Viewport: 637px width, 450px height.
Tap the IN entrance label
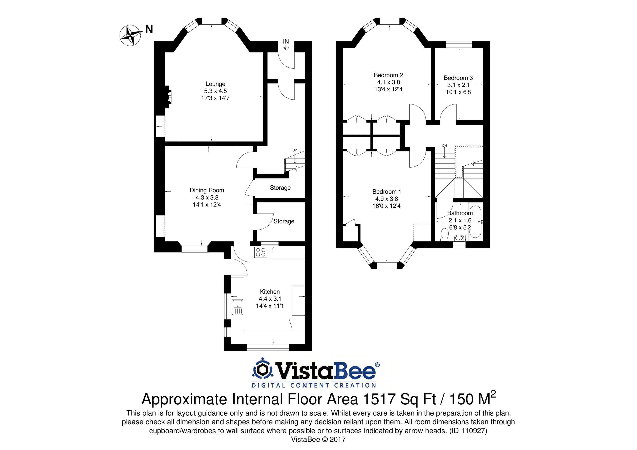[286, 42]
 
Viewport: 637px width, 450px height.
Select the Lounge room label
[215, 84]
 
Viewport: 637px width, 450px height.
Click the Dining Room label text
[207, 190]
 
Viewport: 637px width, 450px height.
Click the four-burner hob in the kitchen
[261, 252]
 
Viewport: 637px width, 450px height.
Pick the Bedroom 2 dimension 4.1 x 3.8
[388, 82]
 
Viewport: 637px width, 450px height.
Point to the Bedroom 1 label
[386, 192]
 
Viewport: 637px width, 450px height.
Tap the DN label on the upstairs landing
[444, 146]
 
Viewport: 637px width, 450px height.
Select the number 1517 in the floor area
[379, 399]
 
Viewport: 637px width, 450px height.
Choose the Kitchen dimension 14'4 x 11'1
[270, 306]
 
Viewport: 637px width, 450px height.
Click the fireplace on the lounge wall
[168, 97]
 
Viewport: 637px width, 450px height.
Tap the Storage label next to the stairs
[280, 188]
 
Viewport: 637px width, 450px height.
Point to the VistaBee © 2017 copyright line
[318, 439]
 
